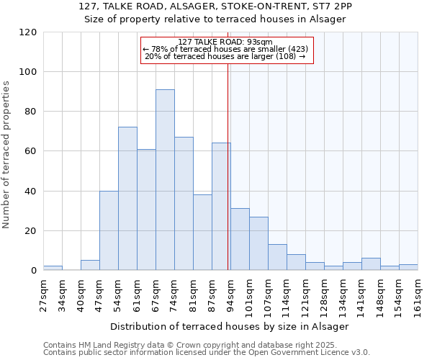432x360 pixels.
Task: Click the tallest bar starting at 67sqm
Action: coord(165,180)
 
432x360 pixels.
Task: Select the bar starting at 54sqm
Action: coord(127,199)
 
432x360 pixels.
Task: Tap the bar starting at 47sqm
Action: coord(109,230)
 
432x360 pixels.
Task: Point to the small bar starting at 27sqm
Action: coord(53,269)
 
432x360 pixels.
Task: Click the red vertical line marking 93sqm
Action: coord(228,166)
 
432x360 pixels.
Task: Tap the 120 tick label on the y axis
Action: coord(28,32)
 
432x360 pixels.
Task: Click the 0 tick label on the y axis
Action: coord(34,271)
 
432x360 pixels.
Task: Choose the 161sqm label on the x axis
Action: coord(418,292)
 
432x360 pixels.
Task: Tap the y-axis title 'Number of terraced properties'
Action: coord(7,155)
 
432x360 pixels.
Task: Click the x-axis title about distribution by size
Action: coord(230,326)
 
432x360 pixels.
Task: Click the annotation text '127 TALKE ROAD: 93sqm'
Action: coord(225,42)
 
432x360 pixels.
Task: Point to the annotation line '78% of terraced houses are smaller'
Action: coord(226,49)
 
